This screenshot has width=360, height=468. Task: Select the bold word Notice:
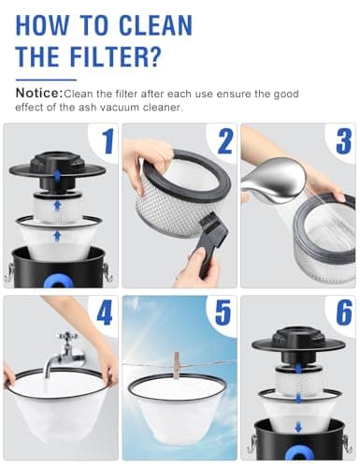tap(39, 93)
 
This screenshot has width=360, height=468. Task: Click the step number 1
tap(108, 142)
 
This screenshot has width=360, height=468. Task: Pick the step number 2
tap(225, 142)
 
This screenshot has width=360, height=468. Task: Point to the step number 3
tap(344, 142)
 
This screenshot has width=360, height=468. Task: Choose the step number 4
tap(105, 313)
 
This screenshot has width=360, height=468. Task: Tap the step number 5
tap(223, 313)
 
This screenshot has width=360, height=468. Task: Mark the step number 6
tap(344, 313)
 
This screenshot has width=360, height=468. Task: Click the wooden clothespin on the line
tap(177, 366)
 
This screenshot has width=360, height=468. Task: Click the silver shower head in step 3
tap(274, 181)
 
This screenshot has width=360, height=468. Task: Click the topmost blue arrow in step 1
tap(57, 176)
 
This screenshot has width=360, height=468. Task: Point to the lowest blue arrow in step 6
tap(298, 427)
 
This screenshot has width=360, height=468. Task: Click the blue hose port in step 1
tap(58, 282)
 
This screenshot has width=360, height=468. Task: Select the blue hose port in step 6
tap(298, 453)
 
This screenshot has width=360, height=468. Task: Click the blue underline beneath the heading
tap(46, 80)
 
